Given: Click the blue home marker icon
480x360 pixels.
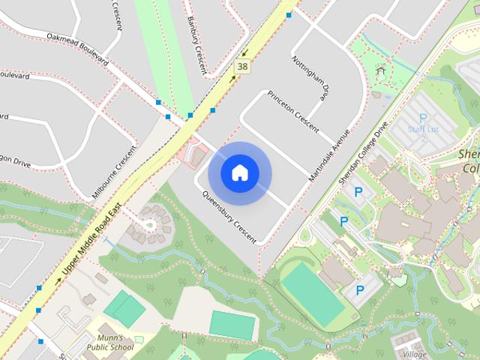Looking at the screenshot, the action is pos(239,172).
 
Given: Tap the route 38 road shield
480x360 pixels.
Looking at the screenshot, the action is pos(241,67).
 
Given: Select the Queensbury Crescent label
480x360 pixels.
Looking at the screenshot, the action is pos(229,217).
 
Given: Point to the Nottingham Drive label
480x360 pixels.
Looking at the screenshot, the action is pos(310,78).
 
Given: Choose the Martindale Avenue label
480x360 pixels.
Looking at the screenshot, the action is pos(330,156).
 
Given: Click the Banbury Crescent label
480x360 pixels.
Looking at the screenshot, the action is pos(196,45).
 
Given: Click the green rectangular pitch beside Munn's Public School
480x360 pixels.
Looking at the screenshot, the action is pos(124,308).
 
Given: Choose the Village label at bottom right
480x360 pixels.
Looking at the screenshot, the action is pos(415,354).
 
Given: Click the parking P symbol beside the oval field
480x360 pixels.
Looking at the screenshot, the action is pos(359,289).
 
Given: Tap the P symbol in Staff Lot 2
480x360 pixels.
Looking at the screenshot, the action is pos(423,118).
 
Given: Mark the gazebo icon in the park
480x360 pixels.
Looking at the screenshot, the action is pos(381,73).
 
